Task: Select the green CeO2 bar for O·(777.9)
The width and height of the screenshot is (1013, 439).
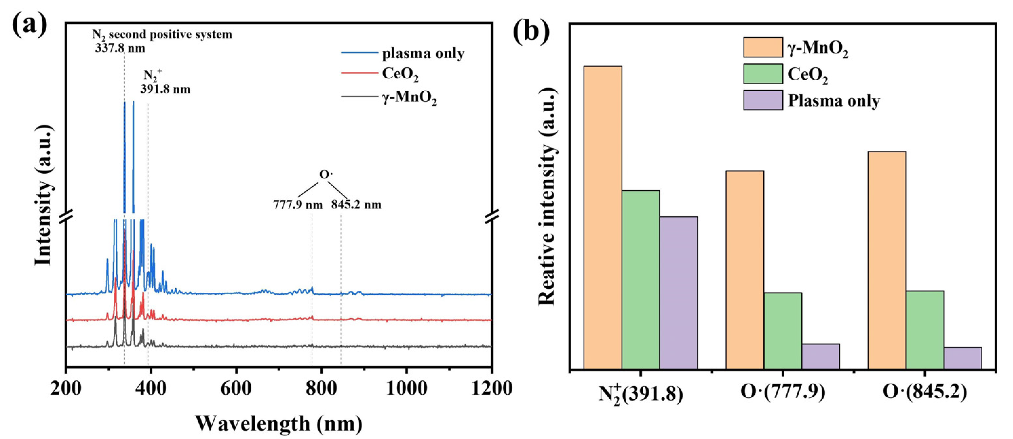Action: click(x=783, y=331)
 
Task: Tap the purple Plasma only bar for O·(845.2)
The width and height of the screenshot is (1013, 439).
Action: click(x=962, y=358)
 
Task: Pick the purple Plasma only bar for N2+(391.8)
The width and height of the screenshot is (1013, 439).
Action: click(x=678, y=293)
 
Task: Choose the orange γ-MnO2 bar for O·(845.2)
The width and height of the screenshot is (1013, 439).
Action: click(x=886, y=260)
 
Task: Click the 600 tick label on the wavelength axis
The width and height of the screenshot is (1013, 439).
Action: click(x=235, y=389)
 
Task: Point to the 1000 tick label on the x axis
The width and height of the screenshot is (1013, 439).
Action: click(x=406, y=389)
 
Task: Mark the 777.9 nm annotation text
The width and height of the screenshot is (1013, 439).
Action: click(x=298, y=205)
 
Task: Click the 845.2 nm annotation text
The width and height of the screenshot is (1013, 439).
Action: click(x=356, y=205)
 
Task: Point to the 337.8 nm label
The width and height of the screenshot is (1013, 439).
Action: click(x=120, y=49)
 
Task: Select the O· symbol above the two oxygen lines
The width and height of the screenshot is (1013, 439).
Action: click(x=326, y=174)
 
